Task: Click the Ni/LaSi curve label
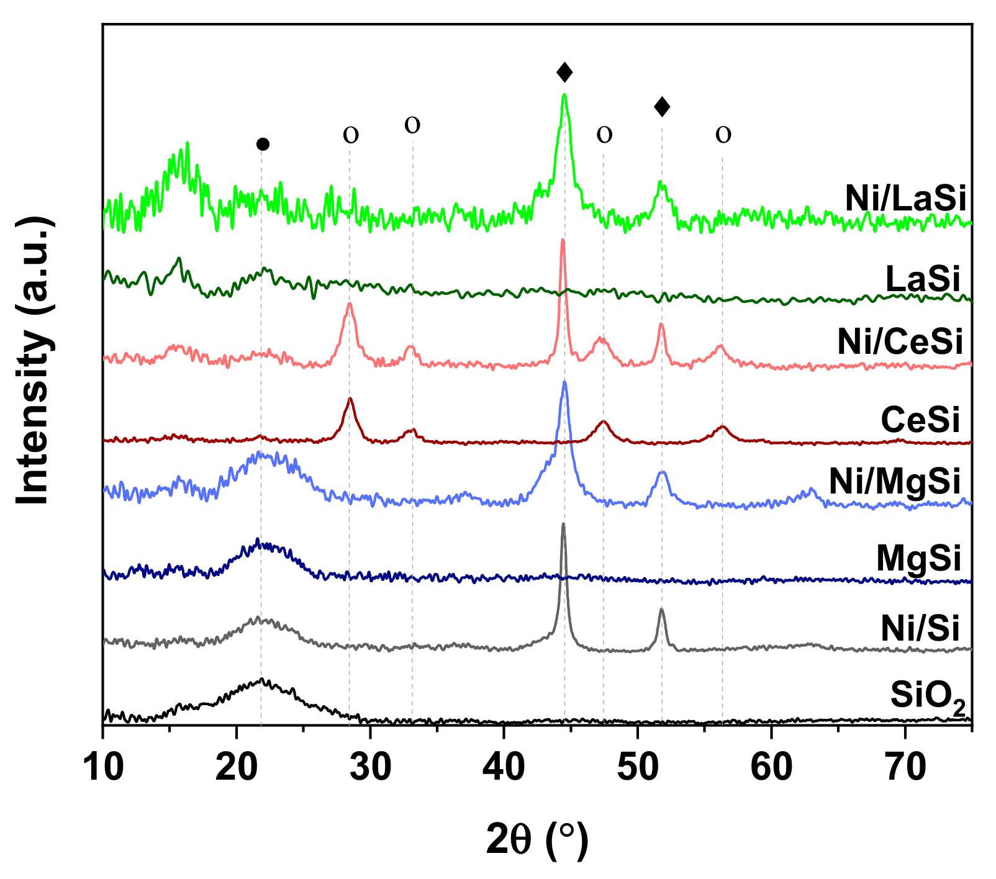tap(905, 199)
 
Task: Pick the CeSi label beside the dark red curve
tap(920, 420)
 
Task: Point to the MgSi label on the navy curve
tap(918, 558)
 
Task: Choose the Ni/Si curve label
tap(920, 629)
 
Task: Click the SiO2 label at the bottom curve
tap(928, 697)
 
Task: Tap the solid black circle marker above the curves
tap(263, 145)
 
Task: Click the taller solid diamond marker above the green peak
tap(564, 73)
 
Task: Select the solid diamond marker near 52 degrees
tap(662, 107)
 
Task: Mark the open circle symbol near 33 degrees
tap(412, 125)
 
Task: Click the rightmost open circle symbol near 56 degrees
tap(723, 134)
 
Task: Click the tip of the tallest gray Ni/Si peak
tap(563, 525)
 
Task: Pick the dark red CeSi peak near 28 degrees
tap(350, 399)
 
